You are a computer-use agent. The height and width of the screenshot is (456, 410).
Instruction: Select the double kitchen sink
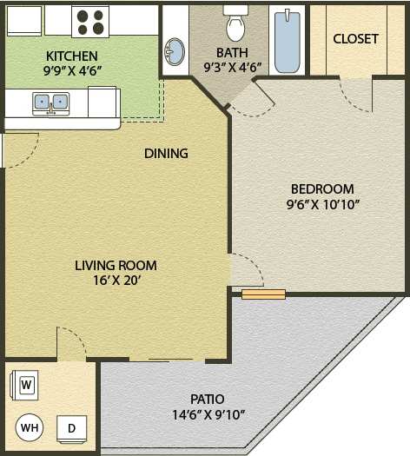click(x=50, y=102)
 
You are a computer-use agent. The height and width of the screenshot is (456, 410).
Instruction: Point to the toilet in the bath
click(x=235, y=25)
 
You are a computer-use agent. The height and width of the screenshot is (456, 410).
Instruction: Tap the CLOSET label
click(x=355, y=39)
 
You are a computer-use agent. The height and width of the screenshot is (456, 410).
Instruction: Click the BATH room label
click(x=232, y=52)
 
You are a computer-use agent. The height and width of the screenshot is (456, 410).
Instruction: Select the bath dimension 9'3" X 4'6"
click(x=232, y=67)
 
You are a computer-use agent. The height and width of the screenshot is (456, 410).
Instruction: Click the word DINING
click(x=166, y=154)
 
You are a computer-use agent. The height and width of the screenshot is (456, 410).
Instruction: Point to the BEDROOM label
click(x=322, y=189)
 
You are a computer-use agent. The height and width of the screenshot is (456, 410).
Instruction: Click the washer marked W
click(x=26, y=384)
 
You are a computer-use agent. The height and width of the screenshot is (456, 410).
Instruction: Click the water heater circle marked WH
click(x=29, y=428)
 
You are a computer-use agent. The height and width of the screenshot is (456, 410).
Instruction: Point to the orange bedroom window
click(x=263, y=294)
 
